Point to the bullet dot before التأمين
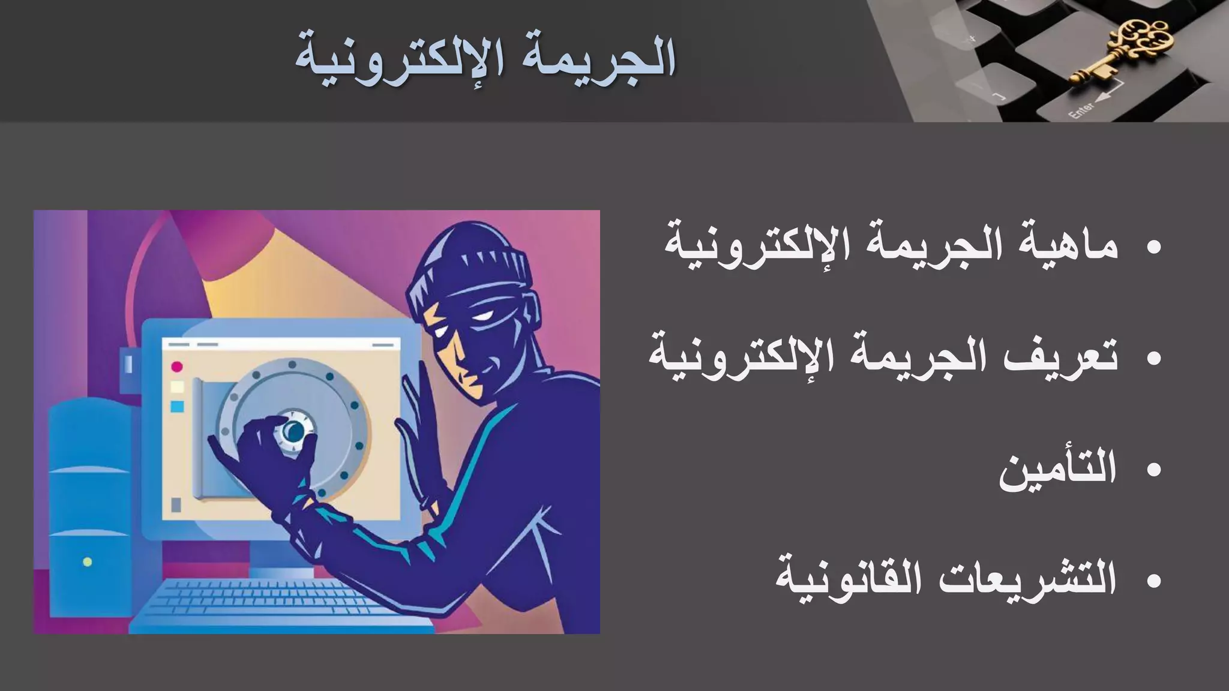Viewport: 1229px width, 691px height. (1153, 470)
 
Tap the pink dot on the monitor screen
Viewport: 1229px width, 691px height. (176, 366)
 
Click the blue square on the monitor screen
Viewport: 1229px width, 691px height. (177, 407)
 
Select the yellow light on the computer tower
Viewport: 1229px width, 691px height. (88, 562)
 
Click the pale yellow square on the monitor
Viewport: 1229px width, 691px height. (177, 386)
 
